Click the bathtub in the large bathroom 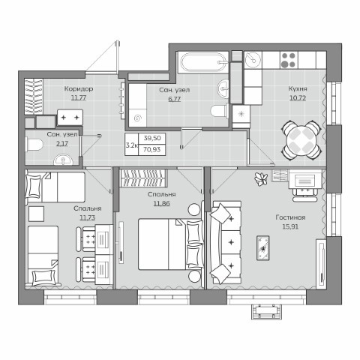tap(203, 62)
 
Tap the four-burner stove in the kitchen tap(288, 60)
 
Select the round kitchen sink tap(253, 59)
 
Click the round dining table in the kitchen tap(301, 140)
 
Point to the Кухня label tap(298, 88)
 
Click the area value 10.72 tap(298, 98)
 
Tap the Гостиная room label tap(290, 217)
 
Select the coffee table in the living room tap(263, 247)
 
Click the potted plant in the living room tap(261, 179)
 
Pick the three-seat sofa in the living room tap(226, 242)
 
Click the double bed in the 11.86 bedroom tap(170, 244)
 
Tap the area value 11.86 tap(161, 203)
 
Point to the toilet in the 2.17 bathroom tap(34, 145)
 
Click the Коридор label tap(79, 88)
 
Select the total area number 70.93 tap(152, 149)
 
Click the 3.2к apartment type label tap(132, 145)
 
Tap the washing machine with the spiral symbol tap(138, 118)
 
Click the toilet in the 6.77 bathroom tap(220, 111)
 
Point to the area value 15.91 tap(290, 226)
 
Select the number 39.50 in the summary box tap(152, 138)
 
